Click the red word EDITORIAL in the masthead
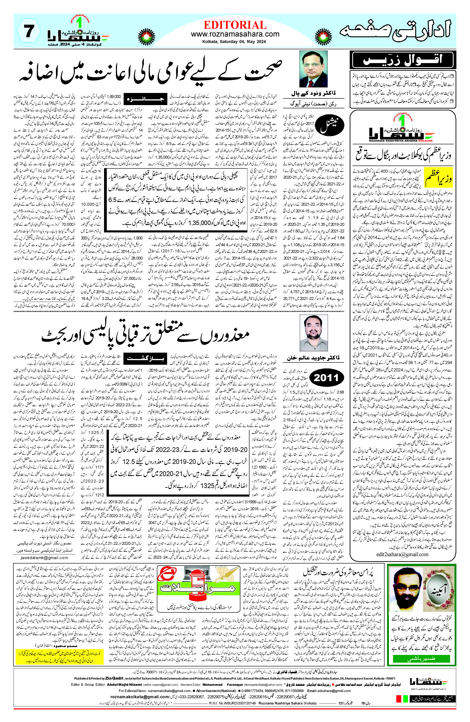235,25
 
